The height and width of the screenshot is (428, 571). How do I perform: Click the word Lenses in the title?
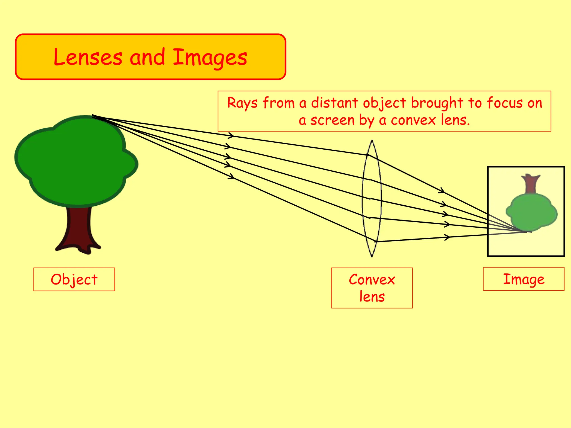(x=88, y=57)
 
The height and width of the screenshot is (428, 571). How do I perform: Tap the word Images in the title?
(x=210, y=58)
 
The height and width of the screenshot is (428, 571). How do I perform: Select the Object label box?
(x=74, y=279)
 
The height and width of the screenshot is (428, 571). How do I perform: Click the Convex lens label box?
(x=372, y=288)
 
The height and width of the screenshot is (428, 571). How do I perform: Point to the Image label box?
(x=523, y=279)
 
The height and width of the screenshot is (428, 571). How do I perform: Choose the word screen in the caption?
(x=332, y=120)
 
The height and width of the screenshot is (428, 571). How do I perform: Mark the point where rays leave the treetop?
(x=93, y=116)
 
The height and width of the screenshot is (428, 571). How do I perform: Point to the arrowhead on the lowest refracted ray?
(x=447, y=237)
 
